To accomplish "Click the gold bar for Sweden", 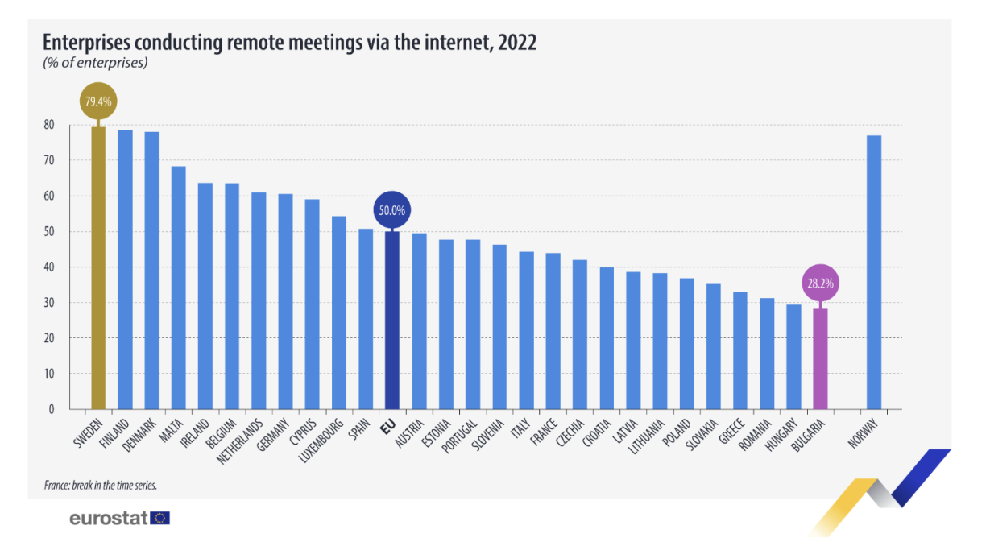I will [98, 270].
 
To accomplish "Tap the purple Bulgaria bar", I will [820, 359].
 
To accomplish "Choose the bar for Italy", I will [526, 330].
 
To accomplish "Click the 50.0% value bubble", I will [392, 211].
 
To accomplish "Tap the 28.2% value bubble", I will [820, 284].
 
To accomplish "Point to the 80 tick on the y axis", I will [49, 125].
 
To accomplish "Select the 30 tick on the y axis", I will [49, 303].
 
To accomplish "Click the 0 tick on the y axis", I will [52, 409].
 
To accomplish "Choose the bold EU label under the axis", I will [387, 424].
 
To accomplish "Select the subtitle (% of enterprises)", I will [94, 62].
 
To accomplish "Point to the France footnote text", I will [101, 486].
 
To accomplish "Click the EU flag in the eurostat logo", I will [160, 518].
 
